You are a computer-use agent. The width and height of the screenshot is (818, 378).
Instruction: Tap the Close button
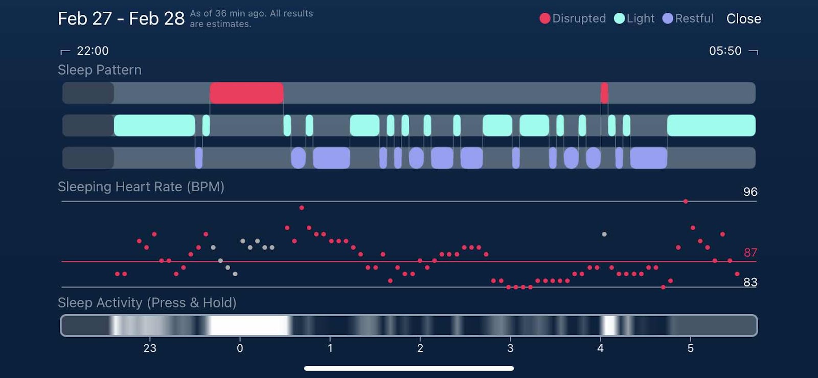click(x=743, y=19)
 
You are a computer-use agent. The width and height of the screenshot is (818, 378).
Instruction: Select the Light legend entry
click(x=634, y=18)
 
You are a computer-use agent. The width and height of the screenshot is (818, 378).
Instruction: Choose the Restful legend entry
click(x=688, y=18)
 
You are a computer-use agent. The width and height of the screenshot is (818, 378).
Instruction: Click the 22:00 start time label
click(x=93, y=51)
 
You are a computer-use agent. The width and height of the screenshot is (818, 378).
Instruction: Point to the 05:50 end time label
click(x=725, y=51)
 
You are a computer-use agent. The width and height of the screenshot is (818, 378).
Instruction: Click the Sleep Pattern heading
click(x=100, y=70)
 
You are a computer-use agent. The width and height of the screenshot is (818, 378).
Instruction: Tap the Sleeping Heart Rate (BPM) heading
click(x=141, y=187)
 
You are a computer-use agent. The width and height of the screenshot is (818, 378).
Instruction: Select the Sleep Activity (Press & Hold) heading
click(x=147, y=303)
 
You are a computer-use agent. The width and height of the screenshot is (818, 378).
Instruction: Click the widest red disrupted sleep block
click(x=246, y=93)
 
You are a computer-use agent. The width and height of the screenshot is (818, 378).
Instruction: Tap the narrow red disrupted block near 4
click(x=604, y=93)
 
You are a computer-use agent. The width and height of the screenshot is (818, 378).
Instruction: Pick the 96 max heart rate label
click(x=750, y=192)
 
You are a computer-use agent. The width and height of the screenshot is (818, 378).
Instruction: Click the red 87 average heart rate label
click(x=750, y=253)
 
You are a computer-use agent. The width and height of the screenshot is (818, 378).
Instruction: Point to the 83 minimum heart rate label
click(x=750, y=282)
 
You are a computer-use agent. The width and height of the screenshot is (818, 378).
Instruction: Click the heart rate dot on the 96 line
click(x=686, y=202)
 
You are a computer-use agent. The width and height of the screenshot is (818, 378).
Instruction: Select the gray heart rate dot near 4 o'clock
click(x=604, y=234)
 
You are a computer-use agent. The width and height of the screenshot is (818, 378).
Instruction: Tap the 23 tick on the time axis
click(x=150, y=348)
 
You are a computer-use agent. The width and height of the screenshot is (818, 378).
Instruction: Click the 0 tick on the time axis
click(x=240, y=348)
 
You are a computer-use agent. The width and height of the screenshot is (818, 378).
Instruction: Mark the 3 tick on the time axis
click(x=510, y=348)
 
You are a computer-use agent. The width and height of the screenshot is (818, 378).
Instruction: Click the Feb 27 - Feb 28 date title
click(x=121, y=18)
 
